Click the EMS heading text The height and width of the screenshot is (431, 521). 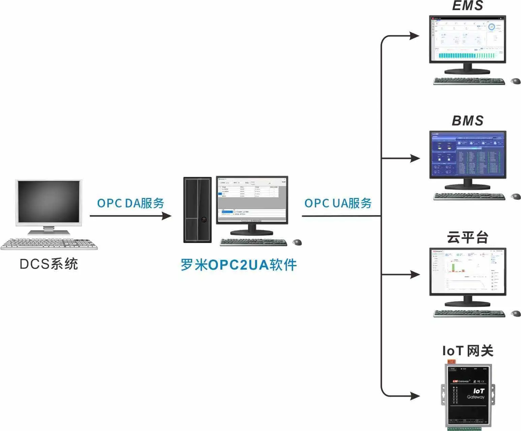(467, 6)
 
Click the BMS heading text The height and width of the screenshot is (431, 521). (467, 121)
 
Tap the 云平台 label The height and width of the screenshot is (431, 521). (467, 237)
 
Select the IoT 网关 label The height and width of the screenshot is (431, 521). (468, 351)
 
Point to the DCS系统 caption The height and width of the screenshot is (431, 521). (49, 264)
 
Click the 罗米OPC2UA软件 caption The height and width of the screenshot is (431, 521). (239, 265)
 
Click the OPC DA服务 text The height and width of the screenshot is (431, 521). (130, 203)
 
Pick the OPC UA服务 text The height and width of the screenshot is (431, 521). (338, 203)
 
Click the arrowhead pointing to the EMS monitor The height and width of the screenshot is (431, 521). (415, 35)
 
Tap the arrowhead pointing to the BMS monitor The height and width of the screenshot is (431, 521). (415, 158)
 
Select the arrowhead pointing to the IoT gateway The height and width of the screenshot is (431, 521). (415, 395)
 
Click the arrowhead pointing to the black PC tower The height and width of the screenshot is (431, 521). (166, 215)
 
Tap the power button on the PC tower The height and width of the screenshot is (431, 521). (204, 220)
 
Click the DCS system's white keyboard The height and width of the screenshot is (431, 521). (49, 244)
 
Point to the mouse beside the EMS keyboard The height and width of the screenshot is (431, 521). (516, 81)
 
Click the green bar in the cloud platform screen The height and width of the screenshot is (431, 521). (453, 267)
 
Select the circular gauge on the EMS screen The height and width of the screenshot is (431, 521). (491, 27)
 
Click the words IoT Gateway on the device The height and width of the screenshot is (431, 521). (476, 394)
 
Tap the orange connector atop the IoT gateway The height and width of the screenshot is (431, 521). (451, 362)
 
